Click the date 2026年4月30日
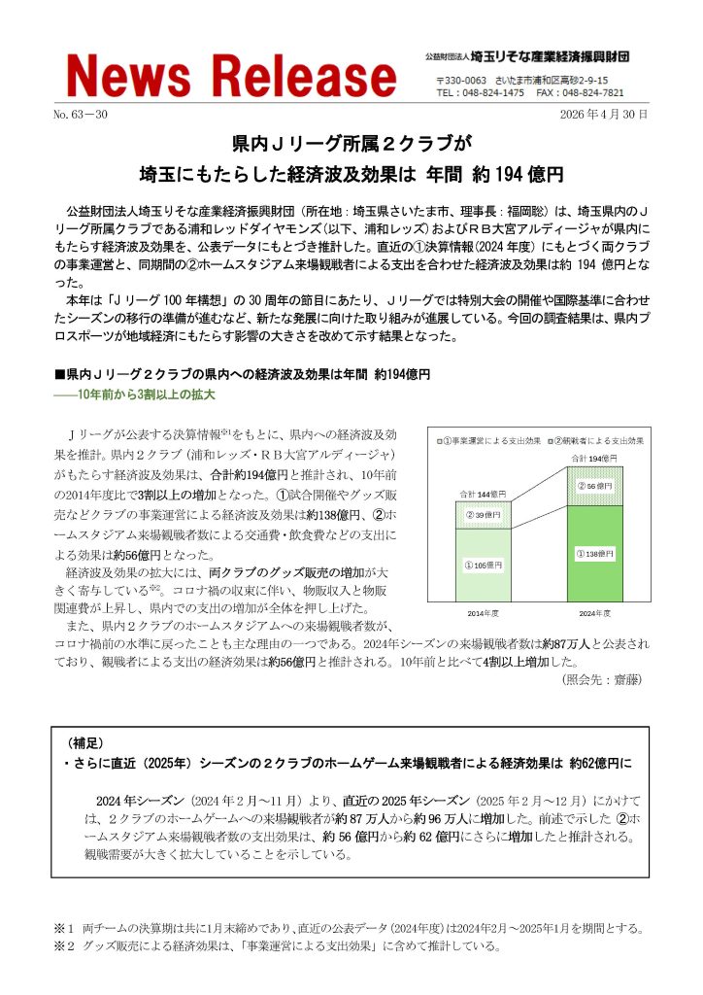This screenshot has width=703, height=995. click(x=603, y=115)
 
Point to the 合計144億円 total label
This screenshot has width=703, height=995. click(x=483, y=495)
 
